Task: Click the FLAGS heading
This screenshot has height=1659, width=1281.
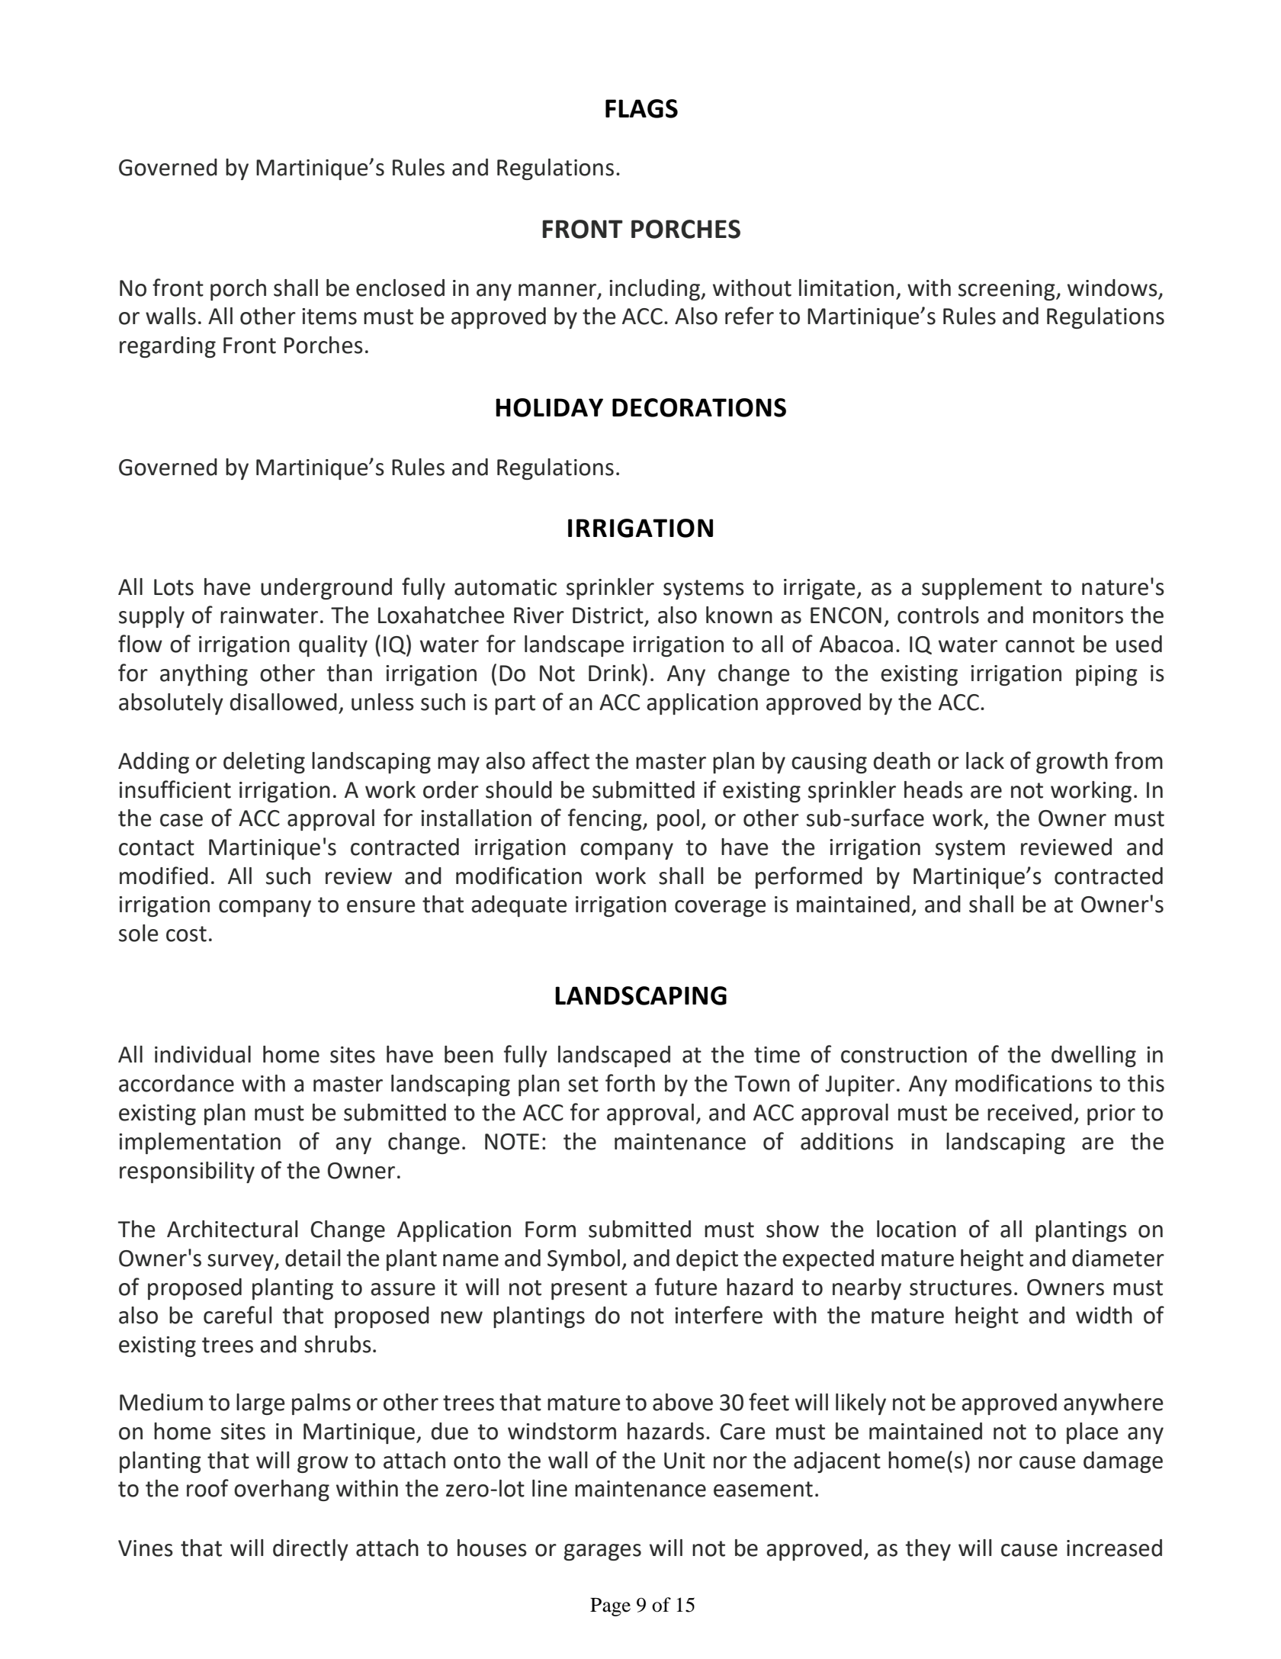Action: pyautogui.click(x=640, y=110)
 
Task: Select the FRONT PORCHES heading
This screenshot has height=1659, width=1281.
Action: pyautogui.click(x=640, y=230)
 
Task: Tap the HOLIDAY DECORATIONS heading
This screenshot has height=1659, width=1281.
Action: pyautogui.click(x=640, y=408)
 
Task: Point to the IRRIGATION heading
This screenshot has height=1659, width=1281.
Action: pyautogui.click(x=640, y=529)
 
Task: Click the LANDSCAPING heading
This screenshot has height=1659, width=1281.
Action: pyautogui.click(x=640, y=996)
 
